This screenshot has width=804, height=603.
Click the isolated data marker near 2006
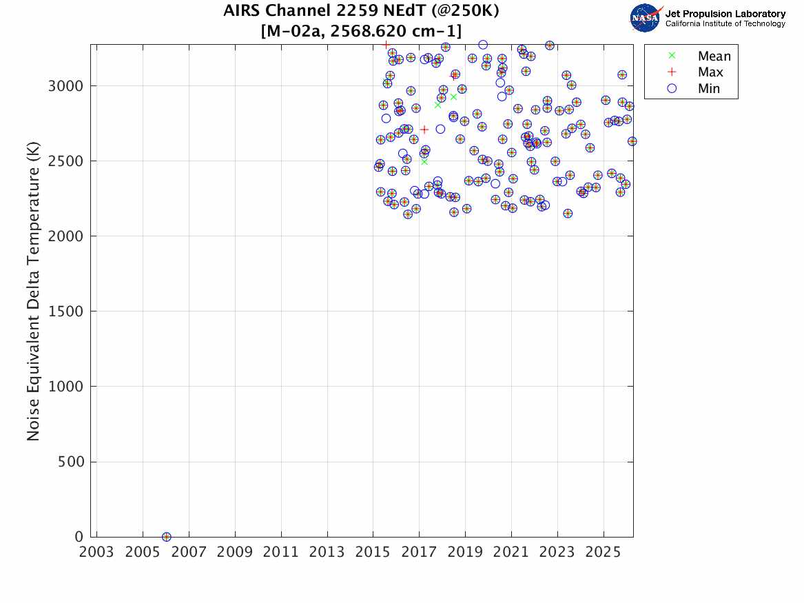click(166, 537)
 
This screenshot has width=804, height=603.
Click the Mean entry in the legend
click(714, 57)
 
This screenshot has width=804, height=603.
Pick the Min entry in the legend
click(709, 88)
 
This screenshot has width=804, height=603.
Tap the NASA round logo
click(645, 18)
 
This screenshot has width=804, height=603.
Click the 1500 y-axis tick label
click(67, 311)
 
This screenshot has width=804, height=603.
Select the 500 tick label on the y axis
click(71, 462)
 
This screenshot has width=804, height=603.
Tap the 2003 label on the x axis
click(96, 553)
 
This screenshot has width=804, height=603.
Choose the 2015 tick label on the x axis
click(373, 553)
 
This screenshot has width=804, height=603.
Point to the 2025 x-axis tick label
click(603, 553)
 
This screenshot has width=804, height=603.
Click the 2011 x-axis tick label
click(280, 553)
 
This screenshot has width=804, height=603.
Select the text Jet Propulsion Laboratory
click(725, 14)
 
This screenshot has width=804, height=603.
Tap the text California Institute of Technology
click(725, 24)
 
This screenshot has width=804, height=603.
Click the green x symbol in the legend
click(672, 56)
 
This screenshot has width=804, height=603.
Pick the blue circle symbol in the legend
click(672, 88)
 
